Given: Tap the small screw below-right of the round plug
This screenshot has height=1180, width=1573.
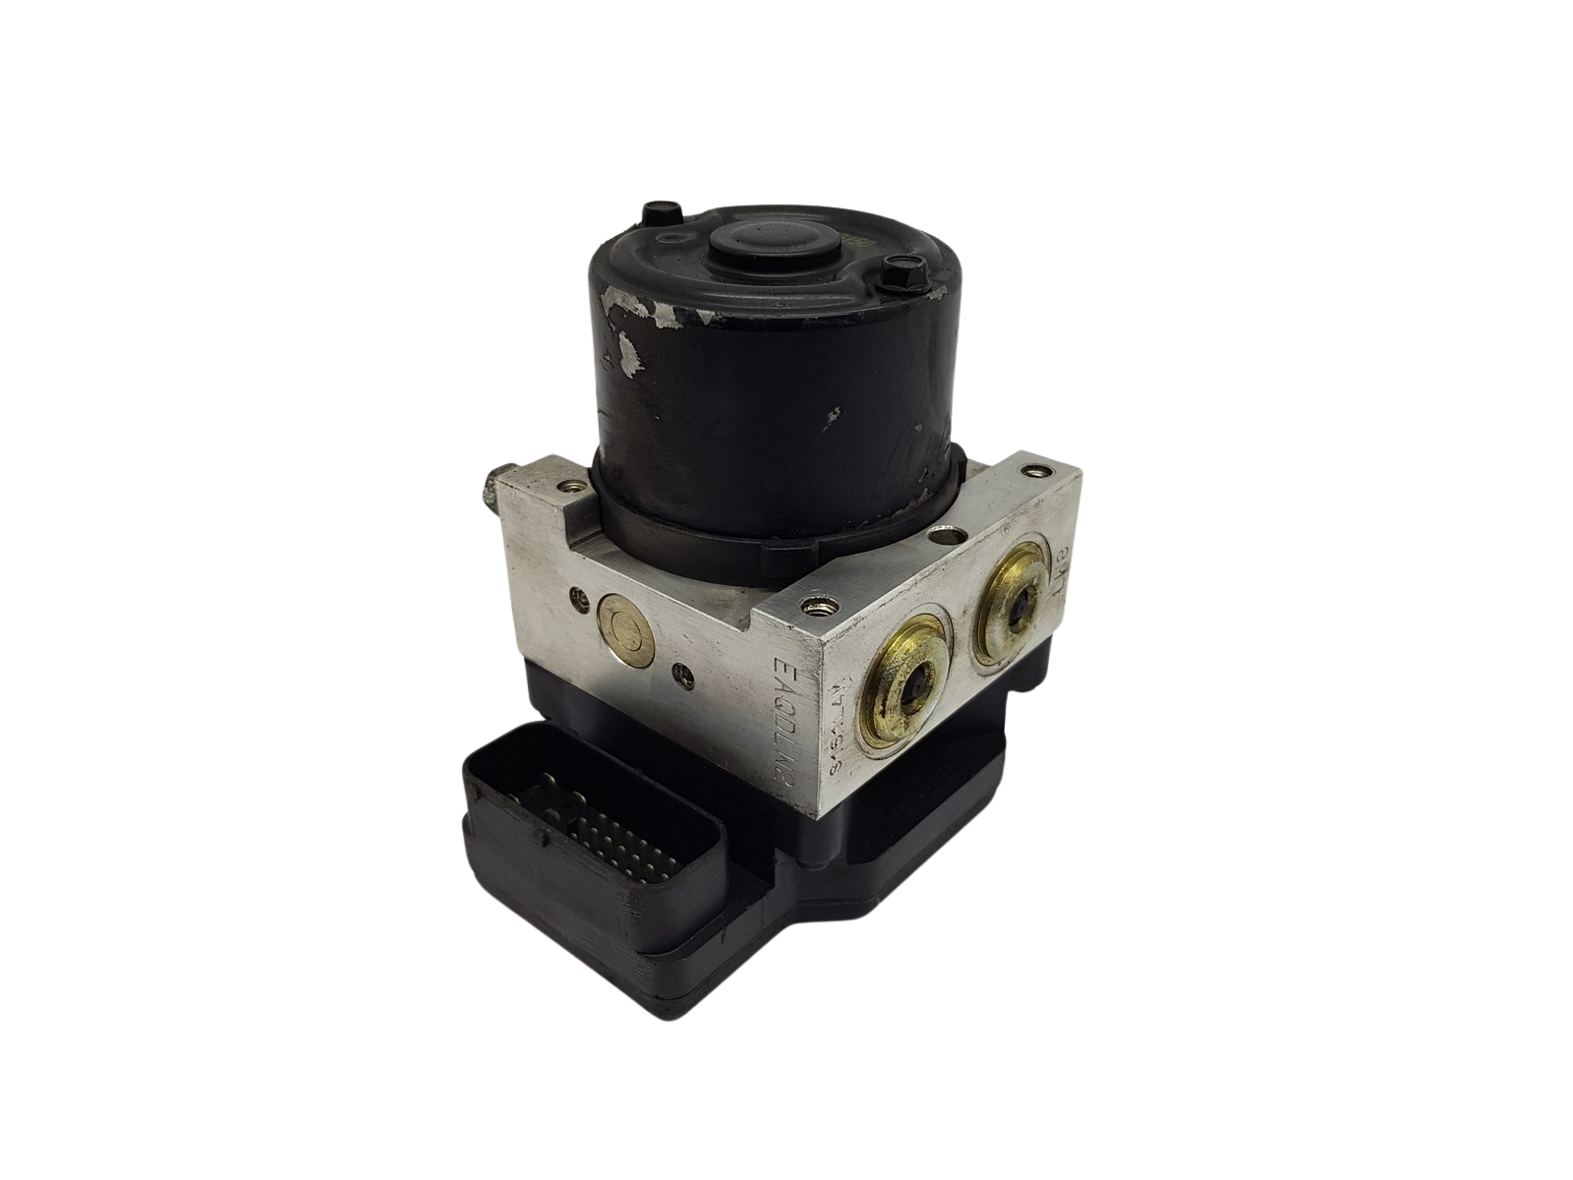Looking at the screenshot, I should tap(677, 675).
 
